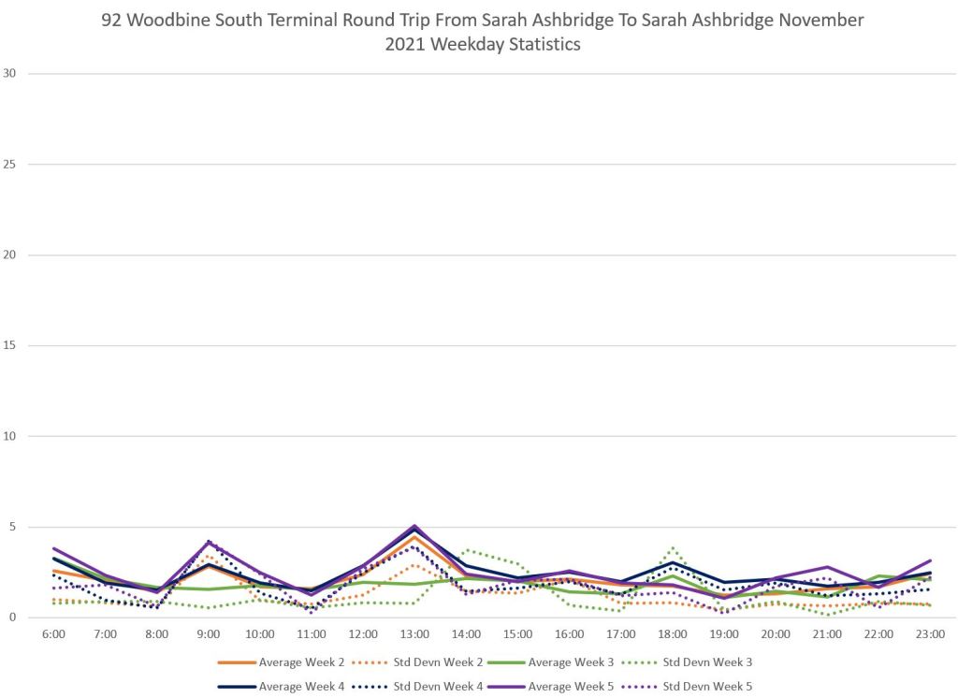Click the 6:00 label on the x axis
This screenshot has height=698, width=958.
coord(54,633)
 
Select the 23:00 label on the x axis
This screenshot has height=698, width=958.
coord(928,633)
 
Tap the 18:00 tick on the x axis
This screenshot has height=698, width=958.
coord(671,633)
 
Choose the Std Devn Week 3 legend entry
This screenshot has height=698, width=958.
coord(705,662)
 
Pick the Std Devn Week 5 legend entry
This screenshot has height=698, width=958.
coord(705,686)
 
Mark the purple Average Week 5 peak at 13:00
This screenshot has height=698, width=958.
coord(414,526)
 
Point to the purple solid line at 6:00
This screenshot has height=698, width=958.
coord(54,548)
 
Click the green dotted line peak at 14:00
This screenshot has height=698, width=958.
coord(466,550)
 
